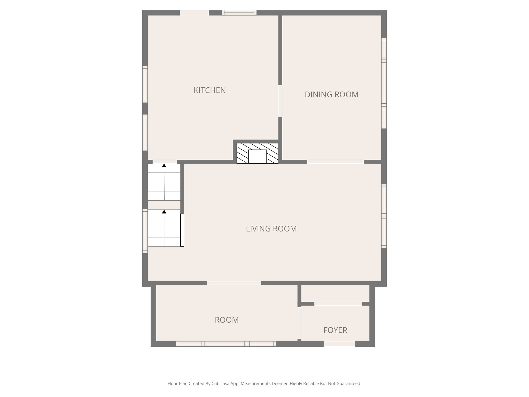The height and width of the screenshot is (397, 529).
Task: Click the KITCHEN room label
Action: click(x=209, y=90)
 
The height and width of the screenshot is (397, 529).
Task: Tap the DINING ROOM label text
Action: click(x=331, y=95)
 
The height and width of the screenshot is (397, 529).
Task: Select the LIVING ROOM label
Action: click(x=271, y=229)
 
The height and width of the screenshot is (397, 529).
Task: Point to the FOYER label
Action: click(x=335, y=330)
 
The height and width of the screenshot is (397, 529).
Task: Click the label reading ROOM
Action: click(x=227, y=320)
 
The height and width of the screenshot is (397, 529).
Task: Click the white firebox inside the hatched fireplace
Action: click(x=257, y=156)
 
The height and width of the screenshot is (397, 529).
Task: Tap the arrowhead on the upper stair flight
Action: click(x=164, y=165)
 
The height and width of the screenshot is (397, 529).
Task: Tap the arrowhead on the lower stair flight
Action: click(x=164, y=212)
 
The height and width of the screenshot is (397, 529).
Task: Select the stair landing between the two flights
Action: click(x=164, y=205)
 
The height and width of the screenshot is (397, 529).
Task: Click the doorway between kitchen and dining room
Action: click(x=280, y=101)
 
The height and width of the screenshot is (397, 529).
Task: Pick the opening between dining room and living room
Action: click(x=335, y=162)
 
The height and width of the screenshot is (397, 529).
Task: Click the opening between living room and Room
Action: click(x=234, y=283)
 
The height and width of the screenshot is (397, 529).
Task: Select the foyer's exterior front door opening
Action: click(x=339, y=344)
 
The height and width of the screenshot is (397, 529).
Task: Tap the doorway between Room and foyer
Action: click(x=299, y=323)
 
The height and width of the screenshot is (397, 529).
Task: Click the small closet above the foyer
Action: click(x=335, y=293)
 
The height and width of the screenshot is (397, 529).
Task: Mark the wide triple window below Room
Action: click(x=225, y=344)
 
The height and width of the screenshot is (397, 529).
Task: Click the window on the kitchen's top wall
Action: click(x=239, y=13)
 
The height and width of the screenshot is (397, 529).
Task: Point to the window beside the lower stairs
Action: click(x=145, y=231)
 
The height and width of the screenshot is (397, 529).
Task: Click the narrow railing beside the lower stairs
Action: click(x=182, y=230)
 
